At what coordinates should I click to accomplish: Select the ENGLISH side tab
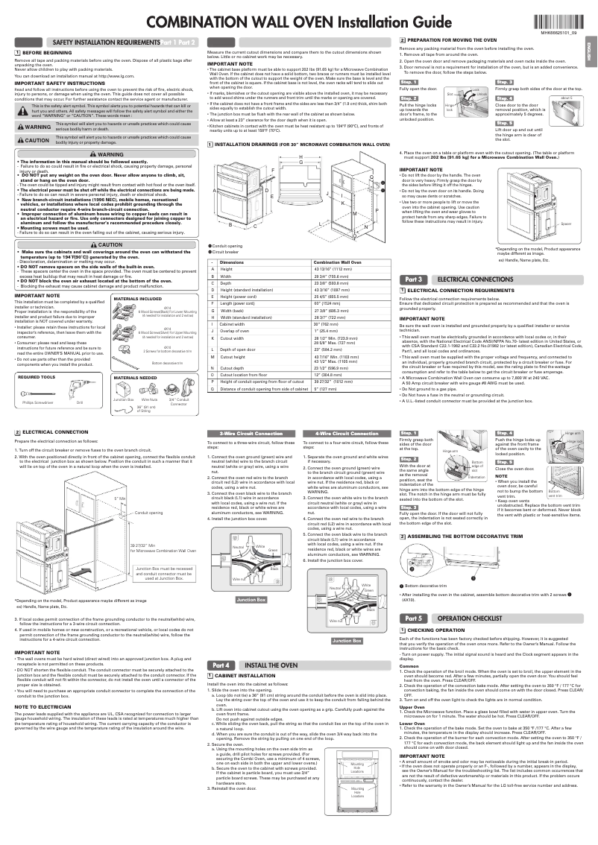(x=589, y=57)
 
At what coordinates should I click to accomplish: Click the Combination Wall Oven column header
(x=333, y=264)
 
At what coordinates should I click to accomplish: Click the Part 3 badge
(x=414, y=279)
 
